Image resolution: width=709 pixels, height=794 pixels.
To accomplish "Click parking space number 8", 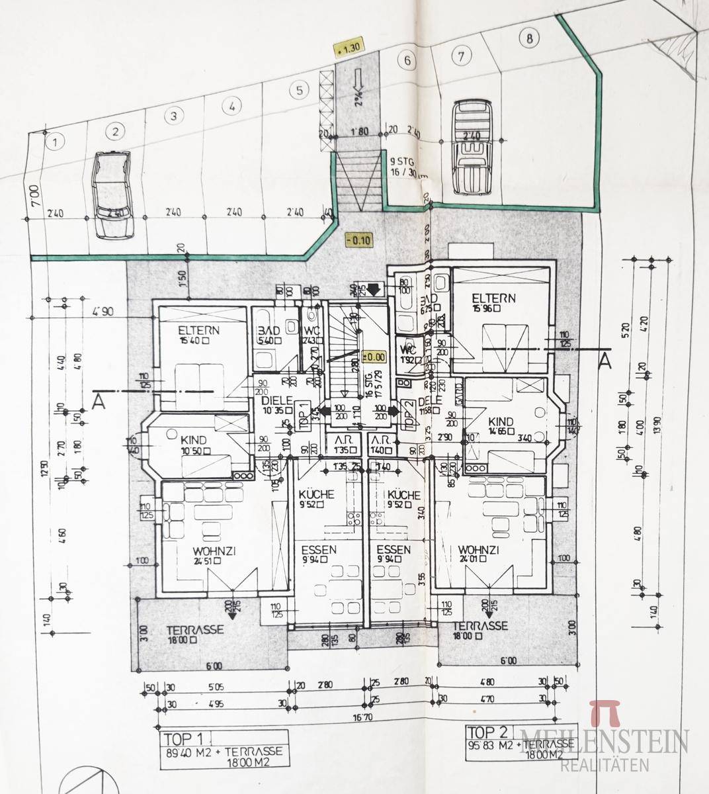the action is tap(528, 38).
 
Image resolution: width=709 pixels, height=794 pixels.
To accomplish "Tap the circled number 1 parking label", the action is tap(56, 141).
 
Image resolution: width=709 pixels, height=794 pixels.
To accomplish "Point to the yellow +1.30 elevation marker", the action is tap(348, 48).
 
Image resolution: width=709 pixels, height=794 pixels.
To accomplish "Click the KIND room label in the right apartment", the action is tap(501, 421).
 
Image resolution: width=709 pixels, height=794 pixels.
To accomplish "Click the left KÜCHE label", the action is tap(316, 494).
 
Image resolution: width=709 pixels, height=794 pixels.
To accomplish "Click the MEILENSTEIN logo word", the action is tap(605, 740).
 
